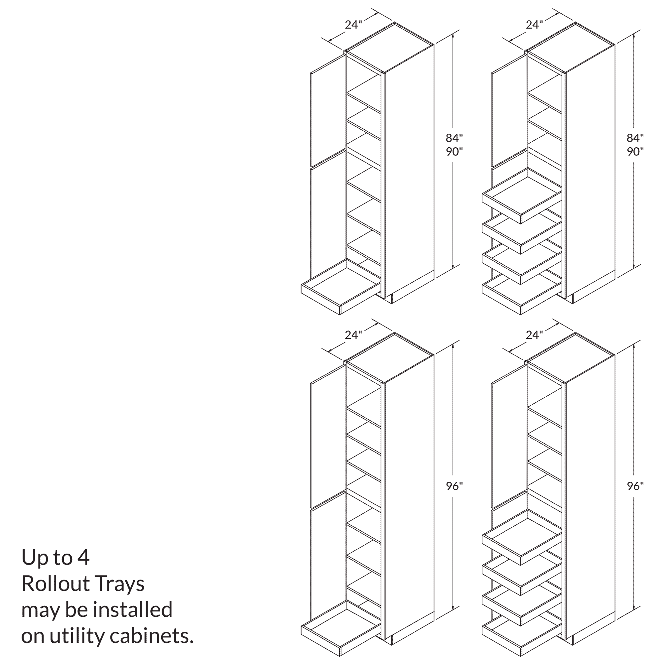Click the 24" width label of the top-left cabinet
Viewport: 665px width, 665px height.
click(x=353, y=25)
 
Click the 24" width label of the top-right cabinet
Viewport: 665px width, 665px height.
click(x=535, y=25)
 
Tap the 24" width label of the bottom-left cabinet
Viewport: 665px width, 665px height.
click(x=353, y=335)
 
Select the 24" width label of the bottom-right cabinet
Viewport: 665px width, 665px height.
click(x=535, y=335)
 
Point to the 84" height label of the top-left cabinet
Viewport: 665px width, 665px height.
click(x=454, y=138)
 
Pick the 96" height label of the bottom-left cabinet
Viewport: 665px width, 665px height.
click(x=454, y=486)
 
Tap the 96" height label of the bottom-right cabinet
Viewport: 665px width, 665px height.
click(x=635, y=486)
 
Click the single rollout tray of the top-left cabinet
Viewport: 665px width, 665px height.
click(x=341, y=287)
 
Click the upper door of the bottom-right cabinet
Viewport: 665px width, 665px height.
click(x=509, y=437)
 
